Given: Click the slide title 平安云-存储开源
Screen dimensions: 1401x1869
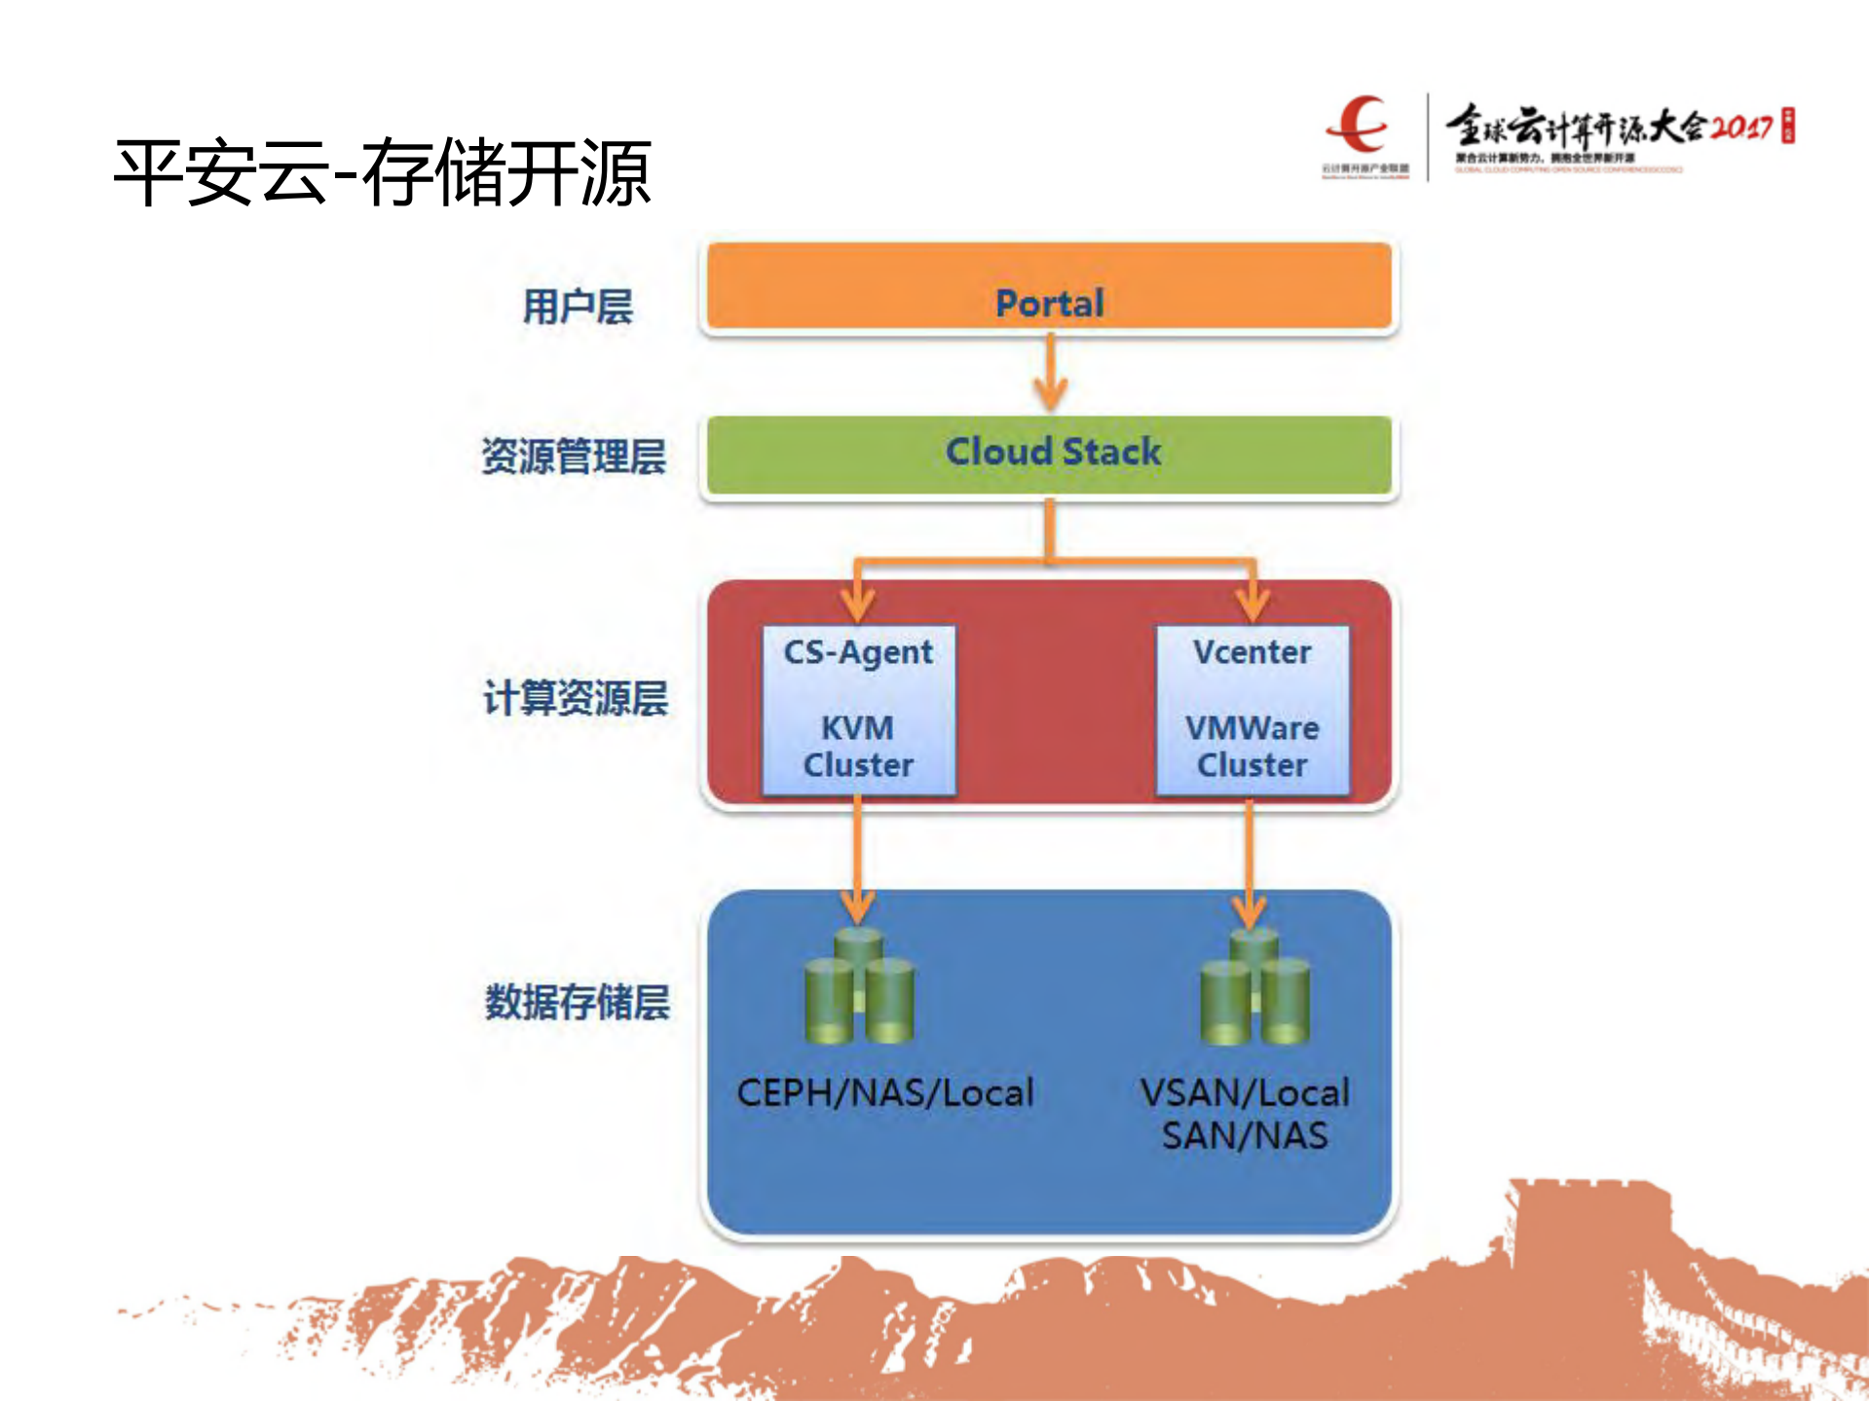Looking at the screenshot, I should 382,172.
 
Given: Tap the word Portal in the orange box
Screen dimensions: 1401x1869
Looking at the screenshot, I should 1049,303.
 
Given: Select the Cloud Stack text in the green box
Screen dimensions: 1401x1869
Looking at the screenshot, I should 1053,452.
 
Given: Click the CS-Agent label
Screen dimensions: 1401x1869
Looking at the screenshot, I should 858,652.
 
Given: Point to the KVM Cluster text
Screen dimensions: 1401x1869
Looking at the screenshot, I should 858,747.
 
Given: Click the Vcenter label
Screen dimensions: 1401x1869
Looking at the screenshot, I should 1252,652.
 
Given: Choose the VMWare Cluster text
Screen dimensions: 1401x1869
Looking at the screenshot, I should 1252,747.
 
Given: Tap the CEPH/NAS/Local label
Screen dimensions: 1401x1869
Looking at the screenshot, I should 884,1092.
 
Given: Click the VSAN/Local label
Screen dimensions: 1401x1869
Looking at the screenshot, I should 1245,1092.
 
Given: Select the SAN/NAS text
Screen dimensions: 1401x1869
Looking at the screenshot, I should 1245,1136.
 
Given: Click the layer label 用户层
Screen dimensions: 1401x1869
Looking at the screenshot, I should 578,307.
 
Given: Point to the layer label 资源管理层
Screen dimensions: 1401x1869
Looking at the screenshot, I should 574,457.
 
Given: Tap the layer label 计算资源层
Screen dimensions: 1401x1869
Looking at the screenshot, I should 576,698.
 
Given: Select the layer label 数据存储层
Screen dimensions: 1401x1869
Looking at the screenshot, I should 578,1002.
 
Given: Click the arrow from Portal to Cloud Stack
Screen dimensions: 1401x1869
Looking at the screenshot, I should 1050,373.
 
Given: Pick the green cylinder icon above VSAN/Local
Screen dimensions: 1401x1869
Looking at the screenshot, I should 1253,987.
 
